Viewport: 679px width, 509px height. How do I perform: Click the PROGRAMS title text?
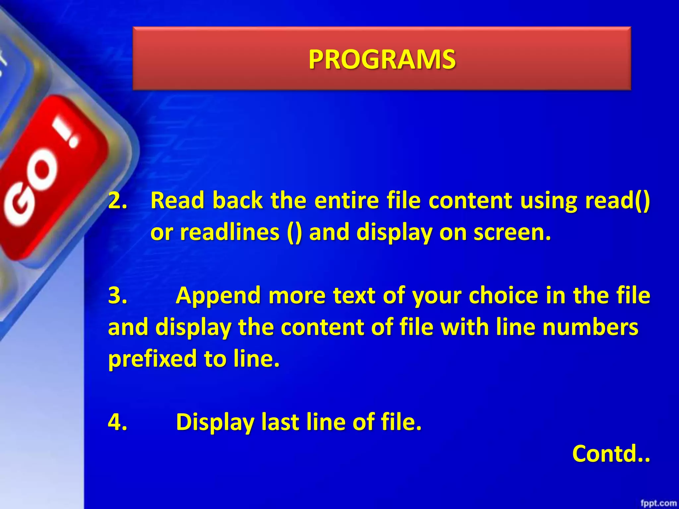click(382, 60)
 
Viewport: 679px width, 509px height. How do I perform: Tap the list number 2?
click(117, 201)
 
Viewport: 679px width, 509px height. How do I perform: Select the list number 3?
click(117, 296)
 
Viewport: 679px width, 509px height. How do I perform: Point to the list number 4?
click(117, 422)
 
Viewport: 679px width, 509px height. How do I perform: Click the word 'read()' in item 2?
click(617, 201)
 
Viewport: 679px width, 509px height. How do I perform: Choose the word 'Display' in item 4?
click(215, 422)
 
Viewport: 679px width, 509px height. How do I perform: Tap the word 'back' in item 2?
click(237, 201)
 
